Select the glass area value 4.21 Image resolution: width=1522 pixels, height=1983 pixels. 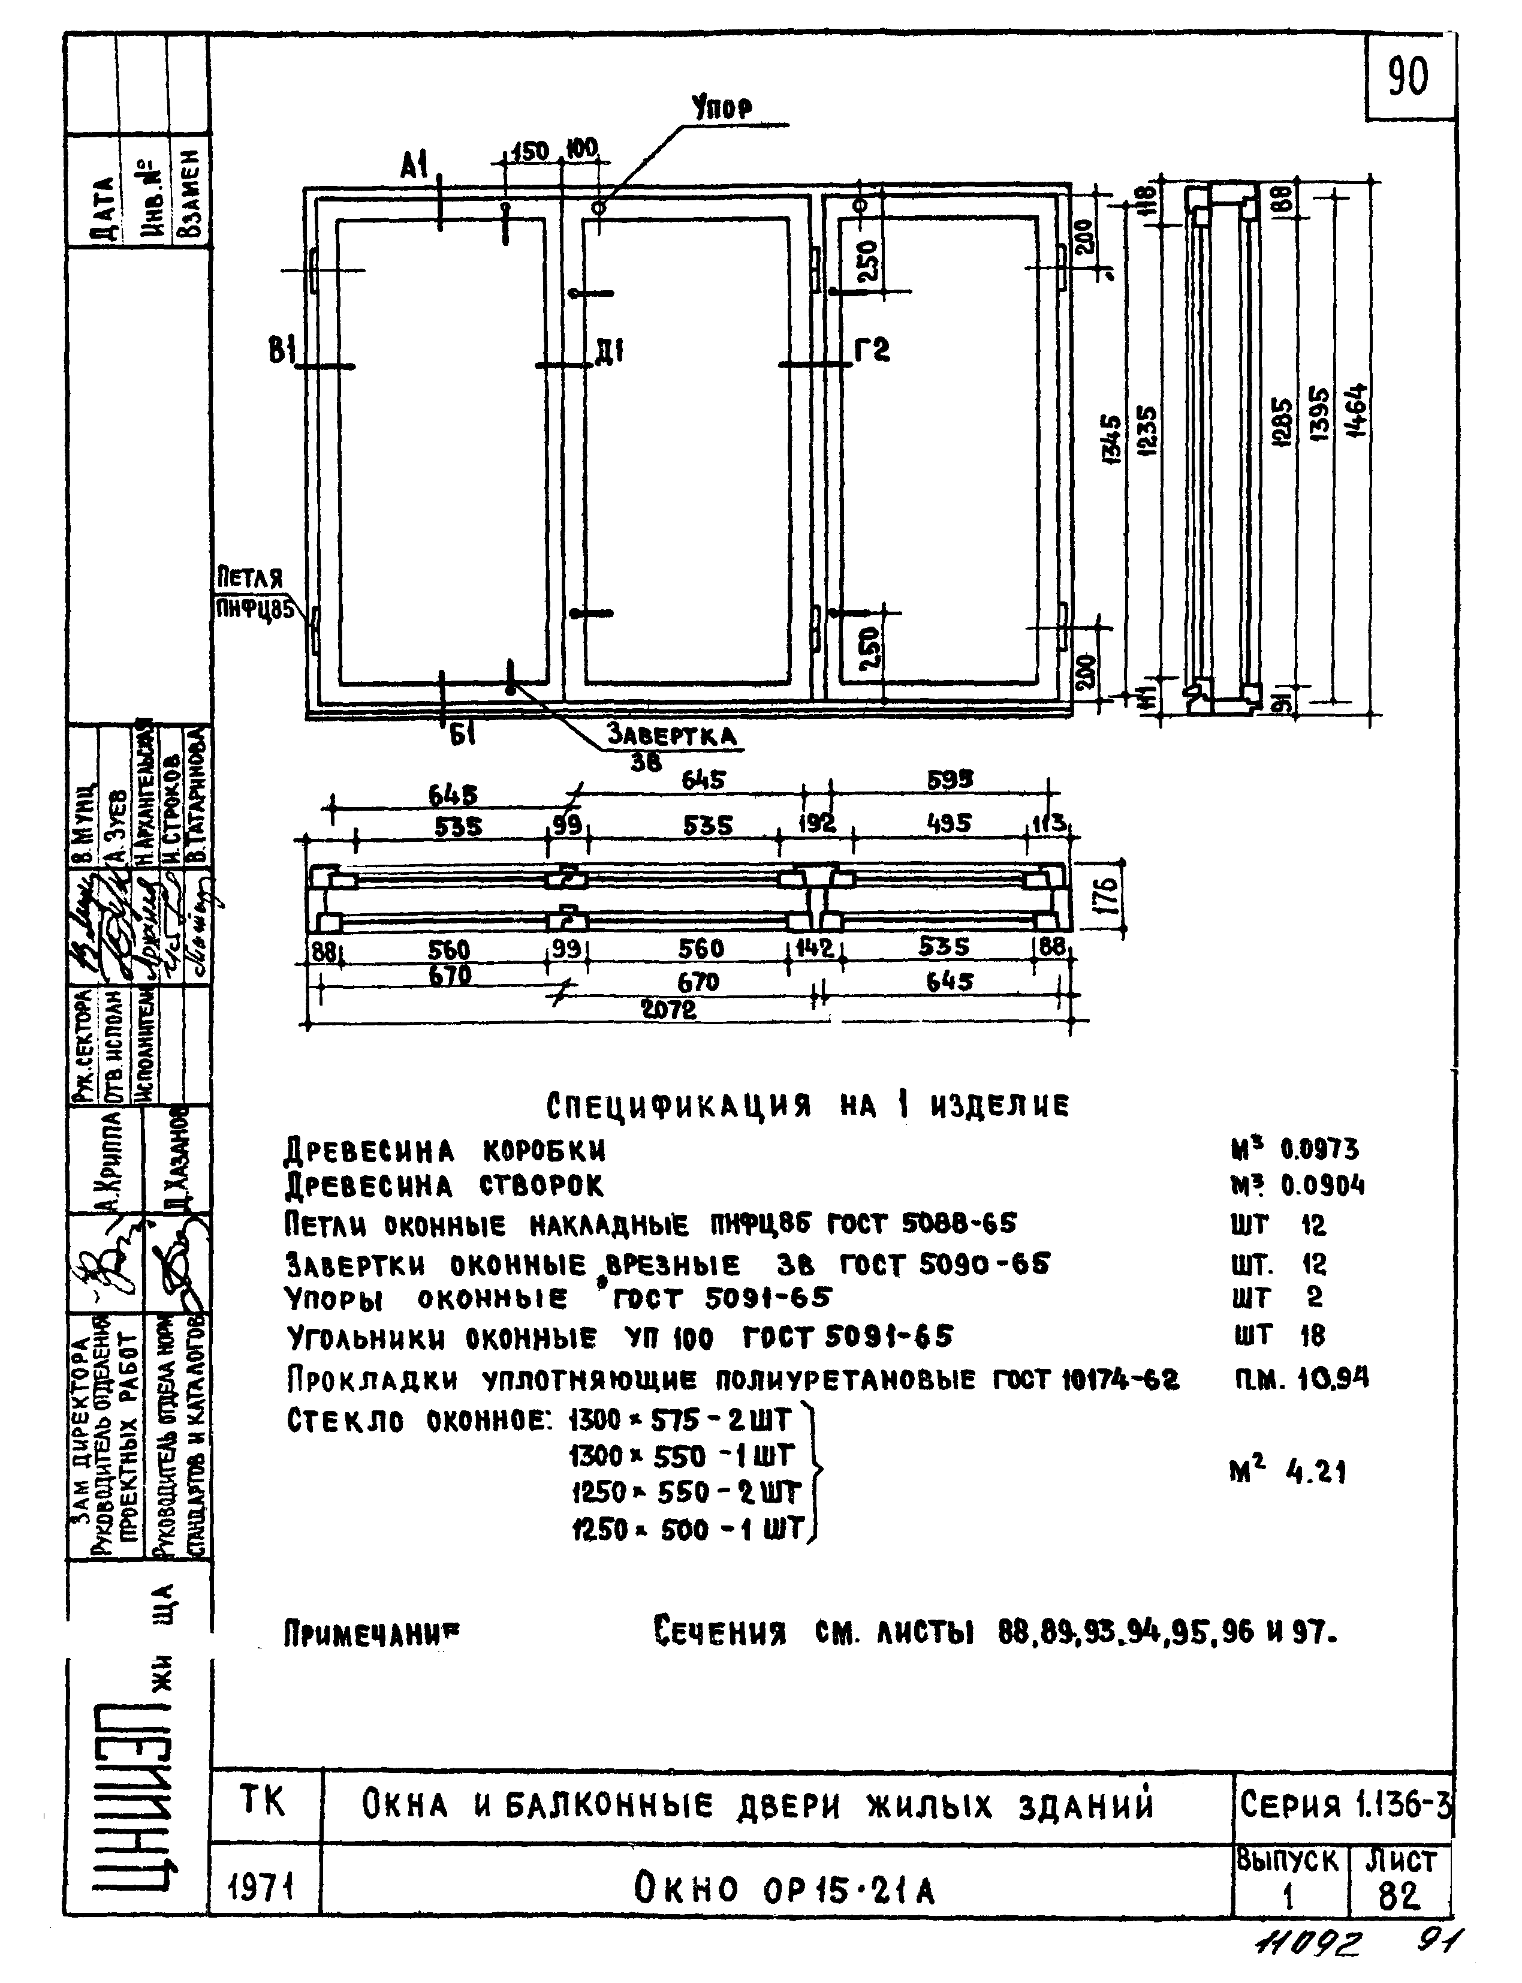[x=1315, y=1473]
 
